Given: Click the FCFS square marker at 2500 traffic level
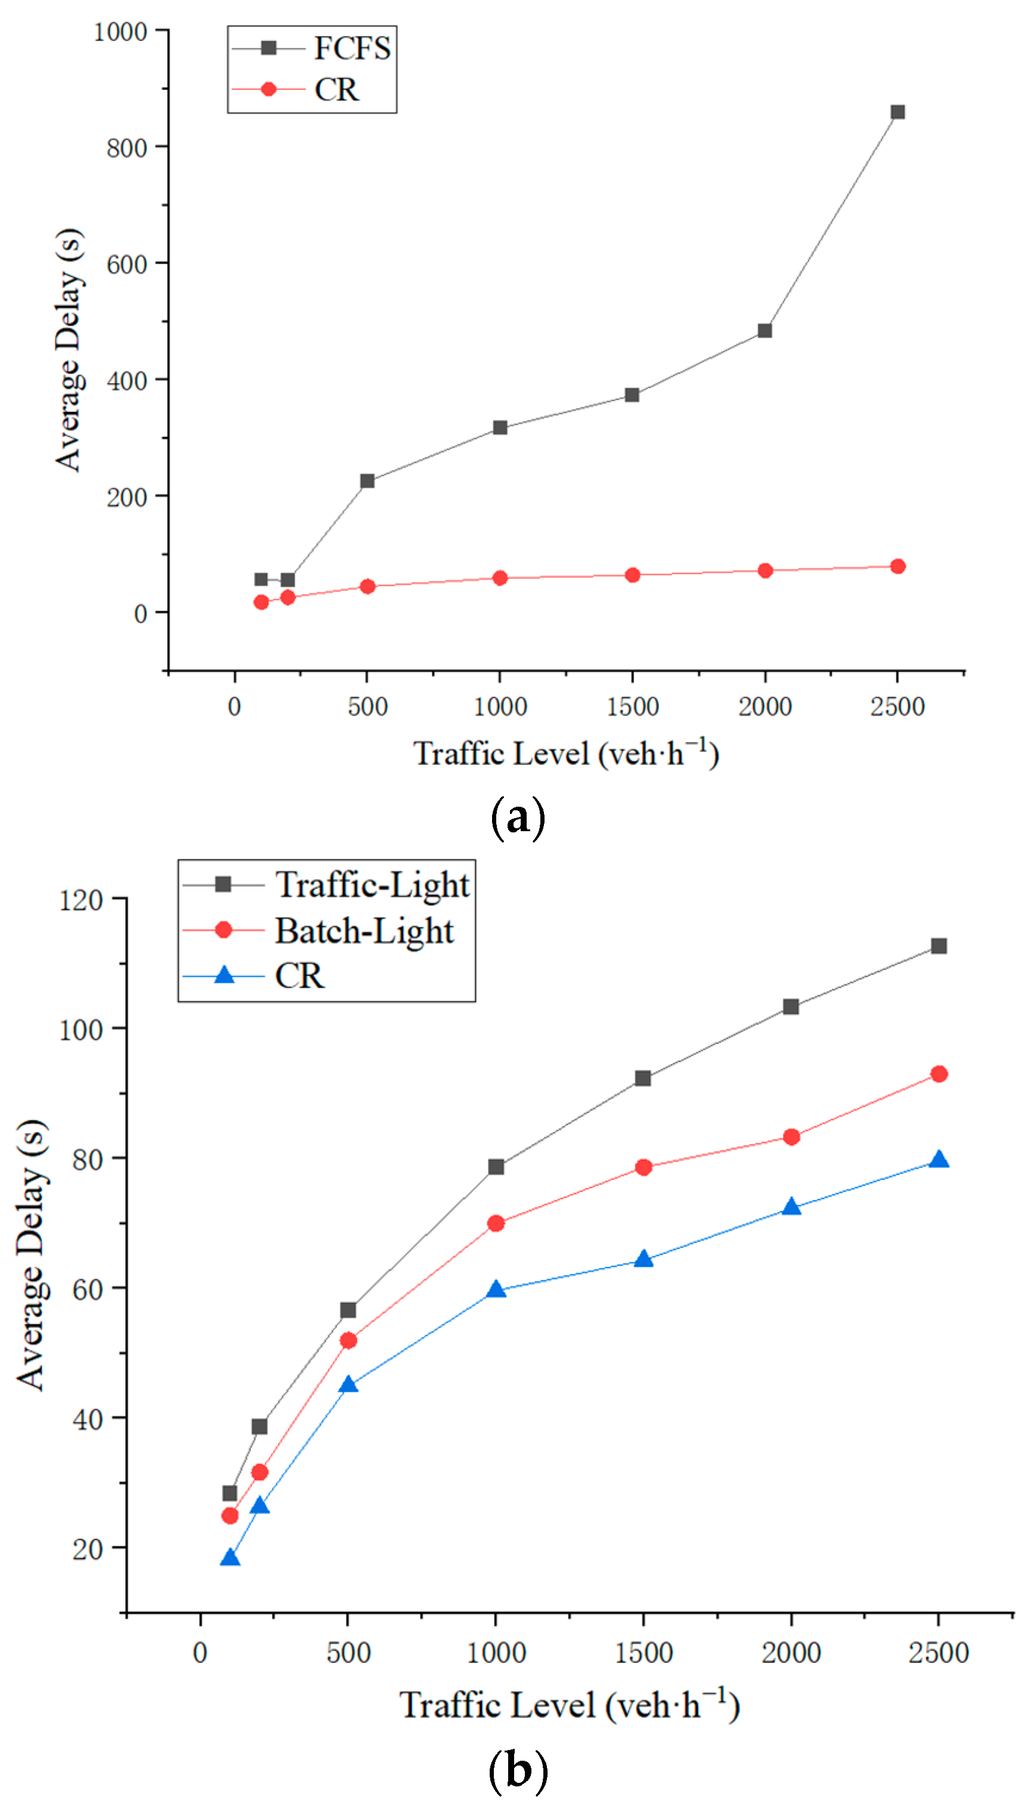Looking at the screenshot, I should pyautogui.click(x=898, y=112).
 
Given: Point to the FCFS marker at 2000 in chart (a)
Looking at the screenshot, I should pyautogui.click(x=765, y=331).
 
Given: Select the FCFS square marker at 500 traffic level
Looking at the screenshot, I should pyautogui.click(x=367, y=482).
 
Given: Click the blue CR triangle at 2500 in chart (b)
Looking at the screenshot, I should pyautogui.click(x=939, y=1160).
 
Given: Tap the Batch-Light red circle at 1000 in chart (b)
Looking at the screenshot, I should pyautogui.click(x=496, y=1224).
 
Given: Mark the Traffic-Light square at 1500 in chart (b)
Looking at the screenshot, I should pyautogui.click(x=642, y=1078).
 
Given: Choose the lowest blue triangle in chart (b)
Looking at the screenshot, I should pyautogui.click(x=230, y=1558).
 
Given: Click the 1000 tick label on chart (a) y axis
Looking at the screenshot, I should pyautogui.click(x=120, y=32).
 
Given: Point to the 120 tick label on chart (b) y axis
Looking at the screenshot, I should pyautogui.click(x=81, y=900).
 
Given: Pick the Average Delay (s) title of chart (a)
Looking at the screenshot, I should pyautogui.click(x=70, y=350).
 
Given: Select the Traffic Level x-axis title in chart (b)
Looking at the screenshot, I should pyautogui.click(x=569, y=1705).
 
